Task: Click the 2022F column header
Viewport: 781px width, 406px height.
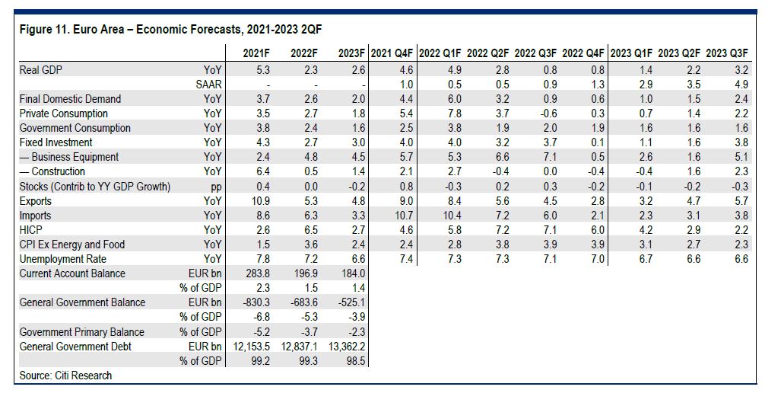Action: click(x=303, y=53)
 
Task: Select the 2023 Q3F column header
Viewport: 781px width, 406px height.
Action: click(x=728, y=53)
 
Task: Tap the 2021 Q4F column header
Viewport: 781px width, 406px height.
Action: click(x=392, y=53)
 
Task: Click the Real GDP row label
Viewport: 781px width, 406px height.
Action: click(x=41, y=70)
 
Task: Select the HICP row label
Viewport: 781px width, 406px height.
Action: click(x=32, y=230)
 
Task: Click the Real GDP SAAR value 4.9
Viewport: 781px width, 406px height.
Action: click(x=741, y=85)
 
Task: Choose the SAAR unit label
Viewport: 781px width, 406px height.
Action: click(x=208, y=85)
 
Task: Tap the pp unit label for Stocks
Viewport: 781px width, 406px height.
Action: click(x=214, y=187)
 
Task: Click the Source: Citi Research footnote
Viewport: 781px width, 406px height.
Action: click(x=65, y=376)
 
